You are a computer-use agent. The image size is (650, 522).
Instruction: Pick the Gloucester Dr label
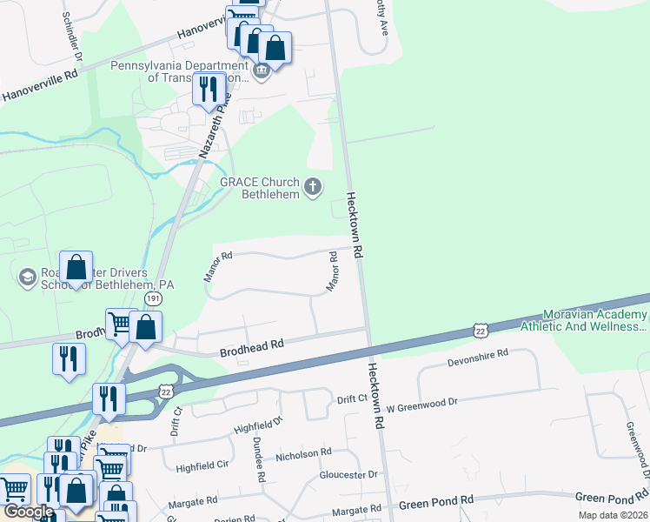(348, 475)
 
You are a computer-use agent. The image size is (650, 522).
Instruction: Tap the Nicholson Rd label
(303, 453)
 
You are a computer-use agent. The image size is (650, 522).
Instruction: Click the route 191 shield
(153, 298)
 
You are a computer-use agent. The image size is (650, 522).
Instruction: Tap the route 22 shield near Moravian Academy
(481, 329)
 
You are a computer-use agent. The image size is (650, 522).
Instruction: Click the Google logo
(28, 512)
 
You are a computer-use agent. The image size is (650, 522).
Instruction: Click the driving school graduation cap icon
(27, 277)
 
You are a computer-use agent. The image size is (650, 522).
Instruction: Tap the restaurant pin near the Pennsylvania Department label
(209, 89)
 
